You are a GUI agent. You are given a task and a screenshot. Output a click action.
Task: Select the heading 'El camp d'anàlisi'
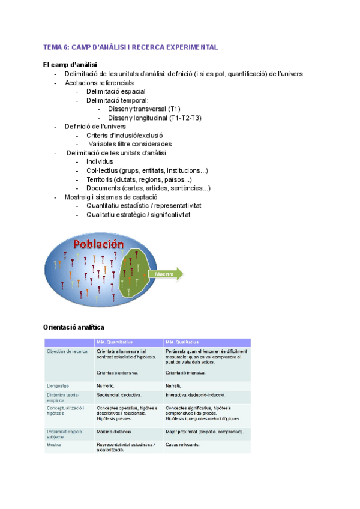[71, 65]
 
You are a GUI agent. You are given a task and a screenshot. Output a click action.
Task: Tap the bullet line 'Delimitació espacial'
[116, 91]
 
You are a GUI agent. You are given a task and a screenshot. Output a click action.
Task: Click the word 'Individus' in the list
[100, 161]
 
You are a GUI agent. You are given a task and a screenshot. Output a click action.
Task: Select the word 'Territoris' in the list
[101, 179]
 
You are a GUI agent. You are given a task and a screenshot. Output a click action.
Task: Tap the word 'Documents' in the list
[103, 188]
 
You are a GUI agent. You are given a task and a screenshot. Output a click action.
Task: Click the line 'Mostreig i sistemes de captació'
[111, 197]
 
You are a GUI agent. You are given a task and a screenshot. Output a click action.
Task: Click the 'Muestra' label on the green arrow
[164, 274]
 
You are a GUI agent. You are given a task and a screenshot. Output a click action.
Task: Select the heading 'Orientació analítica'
[74, 327]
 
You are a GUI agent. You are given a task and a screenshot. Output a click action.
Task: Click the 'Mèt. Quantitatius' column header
[116, 342]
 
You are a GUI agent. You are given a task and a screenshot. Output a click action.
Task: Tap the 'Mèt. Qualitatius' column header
[184, 342]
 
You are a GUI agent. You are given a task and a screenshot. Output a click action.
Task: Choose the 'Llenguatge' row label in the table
[58, 385]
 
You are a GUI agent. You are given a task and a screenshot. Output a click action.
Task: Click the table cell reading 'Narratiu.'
[175, 385]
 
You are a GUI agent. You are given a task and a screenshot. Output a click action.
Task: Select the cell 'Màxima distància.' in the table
[114, 432]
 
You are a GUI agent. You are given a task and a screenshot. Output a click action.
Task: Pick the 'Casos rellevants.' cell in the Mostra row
[182, 445]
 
